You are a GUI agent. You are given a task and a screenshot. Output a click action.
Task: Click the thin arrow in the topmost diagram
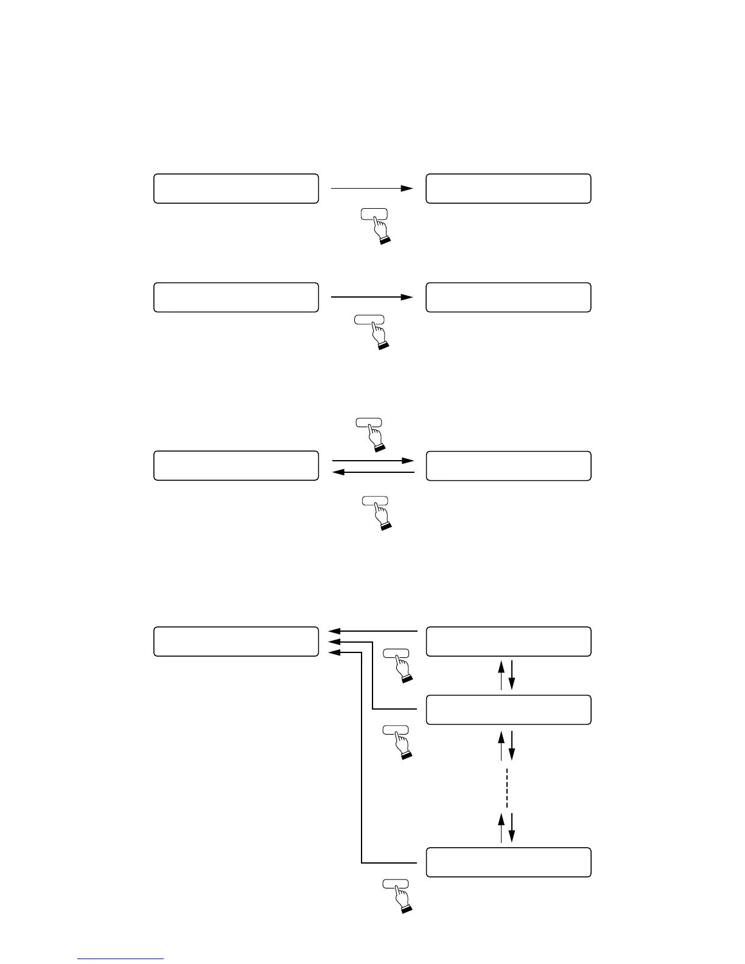pyautogui.click(x=372, y=189)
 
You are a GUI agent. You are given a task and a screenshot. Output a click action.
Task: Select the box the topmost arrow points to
pyautogui.click(x=508, y=189)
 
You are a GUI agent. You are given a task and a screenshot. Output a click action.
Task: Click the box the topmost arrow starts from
pyautogui.click(x=236, y=189)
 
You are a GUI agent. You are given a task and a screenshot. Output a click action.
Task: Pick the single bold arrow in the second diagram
pyautogui.click(x=372, y=297)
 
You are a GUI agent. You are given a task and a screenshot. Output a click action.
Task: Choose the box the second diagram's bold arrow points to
pyautogui.click(x=508, y=297)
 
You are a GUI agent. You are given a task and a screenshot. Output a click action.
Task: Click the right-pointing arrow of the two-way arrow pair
pyautogui.click(x=372, y=461)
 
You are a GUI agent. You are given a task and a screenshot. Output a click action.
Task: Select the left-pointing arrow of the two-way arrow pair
pyautogui.click(x=372, y=472)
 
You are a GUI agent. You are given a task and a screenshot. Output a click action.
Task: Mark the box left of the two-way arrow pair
pyautogui.click(x=236, y=466)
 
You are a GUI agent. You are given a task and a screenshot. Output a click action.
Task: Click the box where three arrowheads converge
pyautogui.click(x=236, y=641)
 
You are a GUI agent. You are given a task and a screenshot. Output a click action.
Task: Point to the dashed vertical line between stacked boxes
pyautogui.click(x=506, y=788)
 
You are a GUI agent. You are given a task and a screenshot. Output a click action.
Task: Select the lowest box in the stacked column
pyautogui.click(x=508, y=862)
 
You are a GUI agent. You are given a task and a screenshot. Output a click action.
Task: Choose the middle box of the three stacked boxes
pyautogui.click(x=508, y=710)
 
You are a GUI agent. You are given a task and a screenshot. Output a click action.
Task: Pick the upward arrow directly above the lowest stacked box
pyautogui.click(x=502, y=827)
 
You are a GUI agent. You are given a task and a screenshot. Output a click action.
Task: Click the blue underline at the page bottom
pyautogui.click(x=121, y=959)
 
